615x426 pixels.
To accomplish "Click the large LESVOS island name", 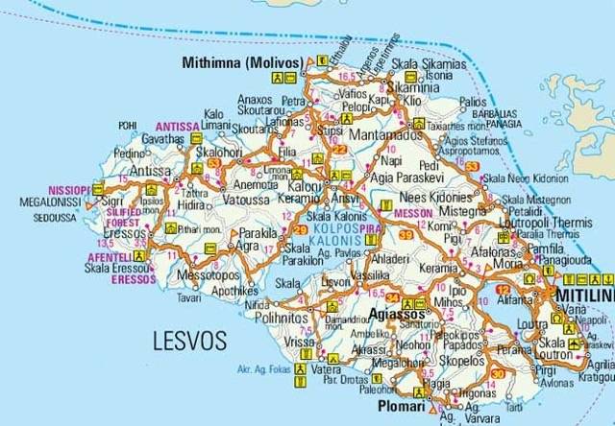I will coord(189,341).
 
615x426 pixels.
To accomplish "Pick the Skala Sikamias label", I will coord(429,64).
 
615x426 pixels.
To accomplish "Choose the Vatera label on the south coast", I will coord(328,368).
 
